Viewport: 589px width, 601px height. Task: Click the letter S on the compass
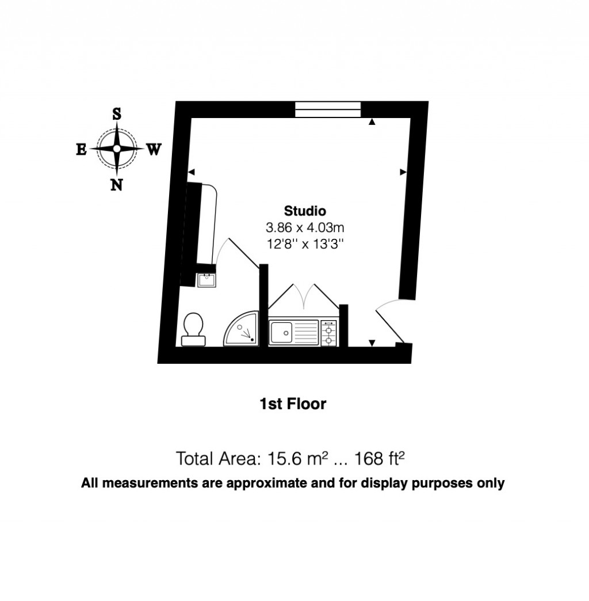[117, 113]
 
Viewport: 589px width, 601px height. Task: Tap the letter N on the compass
[117, 185]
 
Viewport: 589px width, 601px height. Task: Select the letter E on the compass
[81, 150]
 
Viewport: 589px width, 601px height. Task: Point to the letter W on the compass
[153, 150]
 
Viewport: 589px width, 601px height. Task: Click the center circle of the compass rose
[117, 149]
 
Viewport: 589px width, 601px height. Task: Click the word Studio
[305, 210]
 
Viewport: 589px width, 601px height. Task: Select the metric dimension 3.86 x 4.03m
[305, 227]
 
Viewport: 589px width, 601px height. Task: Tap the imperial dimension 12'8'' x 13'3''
[305, 244]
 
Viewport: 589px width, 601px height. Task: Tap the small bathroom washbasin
[206, 280]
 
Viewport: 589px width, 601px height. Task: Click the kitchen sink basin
[281, 332]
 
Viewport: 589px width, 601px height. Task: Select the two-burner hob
[329, 333]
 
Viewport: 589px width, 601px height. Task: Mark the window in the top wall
[328, 109]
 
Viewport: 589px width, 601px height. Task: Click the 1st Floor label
[293, 404]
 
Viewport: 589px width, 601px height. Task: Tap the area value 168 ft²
[380, 459]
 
